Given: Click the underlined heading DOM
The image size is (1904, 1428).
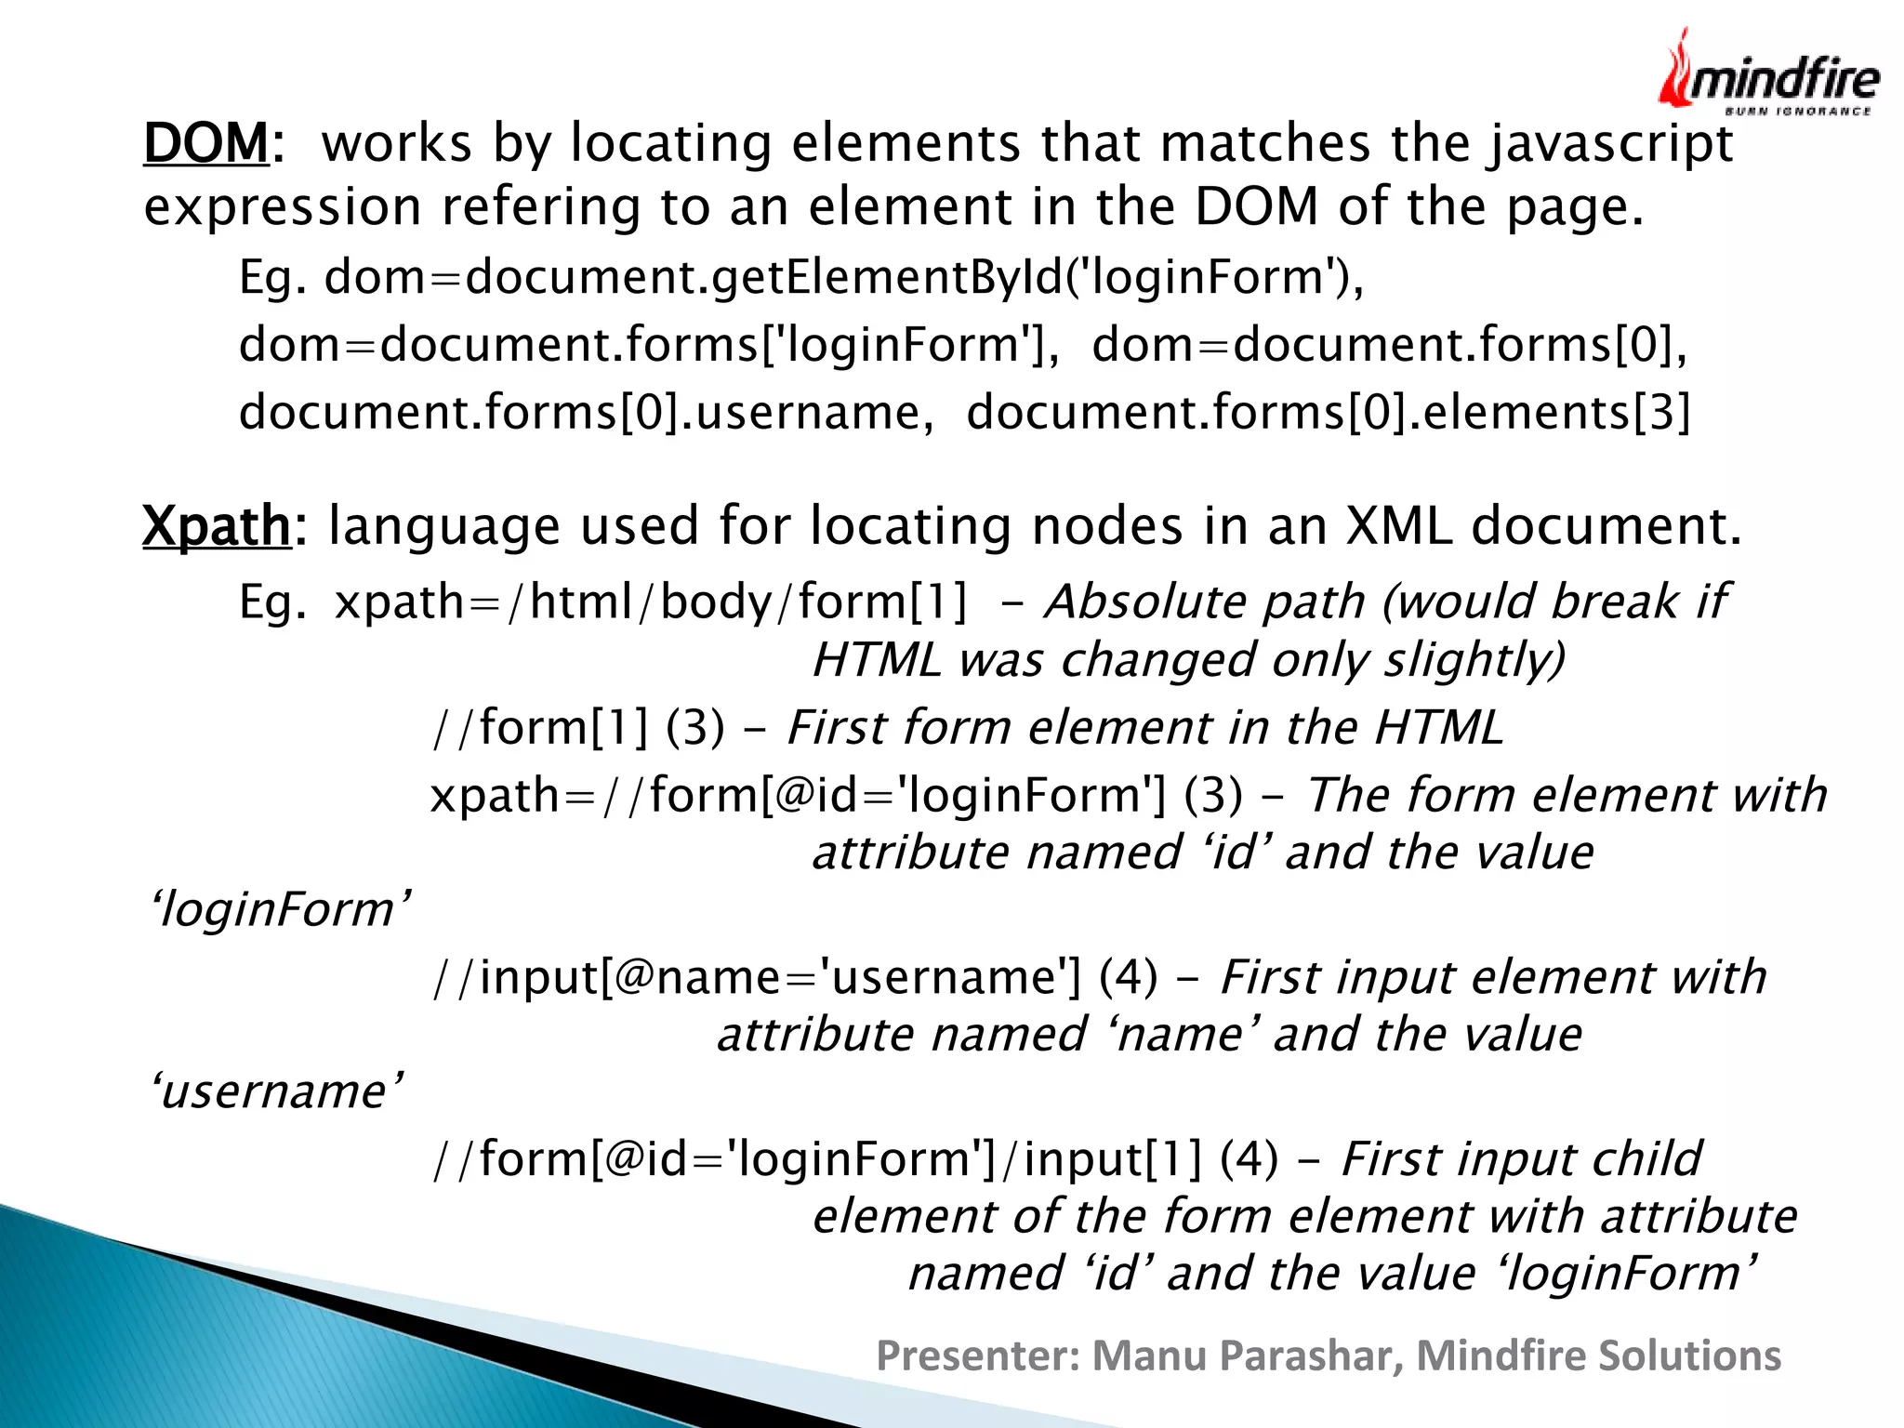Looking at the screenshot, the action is click(205, 144).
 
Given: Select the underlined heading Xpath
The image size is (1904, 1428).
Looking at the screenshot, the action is click(216, 526).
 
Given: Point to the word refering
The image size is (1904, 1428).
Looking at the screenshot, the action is click(540, 206).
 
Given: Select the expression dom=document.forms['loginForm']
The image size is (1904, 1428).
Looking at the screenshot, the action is click(648, 345).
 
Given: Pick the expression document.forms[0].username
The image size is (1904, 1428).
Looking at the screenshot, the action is click(585, 412).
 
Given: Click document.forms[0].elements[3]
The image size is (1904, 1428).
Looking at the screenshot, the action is click(1328, 412).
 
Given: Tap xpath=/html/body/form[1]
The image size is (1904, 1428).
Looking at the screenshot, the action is click(651, 602).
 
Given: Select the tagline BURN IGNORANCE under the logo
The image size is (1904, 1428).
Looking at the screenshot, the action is click(1798, 112).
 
